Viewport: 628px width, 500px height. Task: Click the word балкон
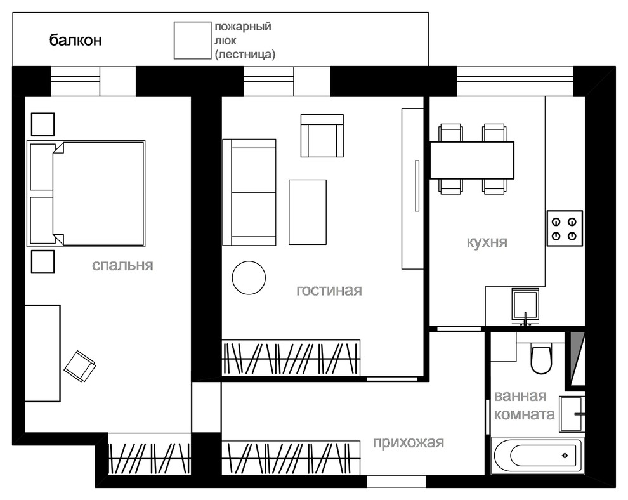click(75, 40)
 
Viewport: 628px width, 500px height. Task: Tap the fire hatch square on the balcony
click(192, 41)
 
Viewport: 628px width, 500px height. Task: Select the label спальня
click(122, 266)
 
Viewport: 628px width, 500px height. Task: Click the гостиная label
click(329, 291)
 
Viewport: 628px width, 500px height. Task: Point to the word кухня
click(487, 242)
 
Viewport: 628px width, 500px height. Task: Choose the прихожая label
click(409, 443)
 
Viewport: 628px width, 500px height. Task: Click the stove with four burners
click(565, 228)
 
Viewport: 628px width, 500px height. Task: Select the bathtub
click(538, 456)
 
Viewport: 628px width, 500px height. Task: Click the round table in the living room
click(249, 278)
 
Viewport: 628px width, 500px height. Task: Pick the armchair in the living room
click(322, 136)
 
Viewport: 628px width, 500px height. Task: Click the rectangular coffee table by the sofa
click(308, 212)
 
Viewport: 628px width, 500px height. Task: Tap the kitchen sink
click(525, 307)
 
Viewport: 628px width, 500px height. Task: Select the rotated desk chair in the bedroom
click(80, 366)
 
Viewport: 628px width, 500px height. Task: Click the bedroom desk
click(43, 353)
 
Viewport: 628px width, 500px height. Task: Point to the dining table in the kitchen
click(472, 160)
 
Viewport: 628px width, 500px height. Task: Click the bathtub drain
click(565, 456)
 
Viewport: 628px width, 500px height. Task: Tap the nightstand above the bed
click(43, 124)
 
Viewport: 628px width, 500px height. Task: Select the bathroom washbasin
click(572, 414)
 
